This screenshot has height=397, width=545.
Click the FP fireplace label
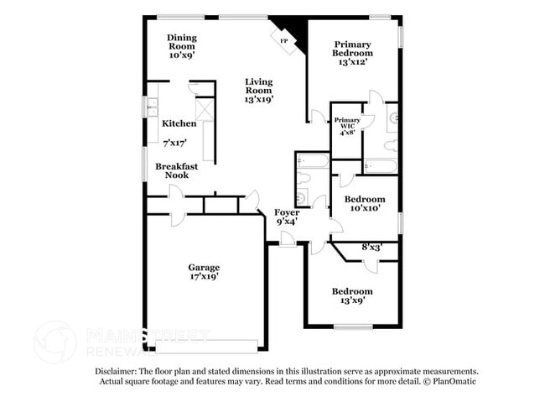point(284,41)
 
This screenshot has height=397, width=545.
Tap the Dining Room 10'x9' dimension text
point(182,55)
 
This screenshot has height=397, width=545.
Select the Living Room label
point(259,86)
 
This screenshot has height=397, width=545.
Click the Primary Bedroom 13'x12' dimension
point(353,62)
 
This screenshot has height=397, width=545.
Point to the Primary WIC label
point(347,123)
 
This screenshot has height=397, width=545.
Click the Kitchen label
point(179,123)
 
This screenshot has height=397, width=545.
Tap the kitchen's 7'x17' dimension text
point(175,143)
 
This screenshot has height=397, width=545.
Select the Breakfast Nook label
point(177,170)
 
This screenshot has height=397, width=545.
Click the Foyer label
point(287,212)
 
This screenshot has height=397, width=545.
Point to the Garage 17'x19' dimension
point(204,276)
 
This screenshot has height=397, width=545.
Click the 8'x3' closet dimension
point(372,248)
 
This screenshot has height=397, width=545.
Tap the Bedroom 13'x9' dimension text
point(352,300)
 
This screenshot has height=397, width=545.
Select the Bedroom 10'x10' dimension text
point(365,208)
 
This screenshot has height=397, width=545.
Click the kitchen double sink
point(152,107)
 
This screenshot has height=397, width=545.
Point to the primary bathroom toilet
point(391,146)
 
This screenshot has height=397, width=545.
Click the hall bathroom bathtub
point(313,161)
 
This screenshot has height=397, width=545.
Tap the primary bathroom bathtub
point(381,166)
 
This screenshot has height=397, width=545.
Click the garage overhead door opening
point(206,347)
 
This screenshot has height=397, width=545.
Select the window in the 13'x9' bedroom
point(353,326)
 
